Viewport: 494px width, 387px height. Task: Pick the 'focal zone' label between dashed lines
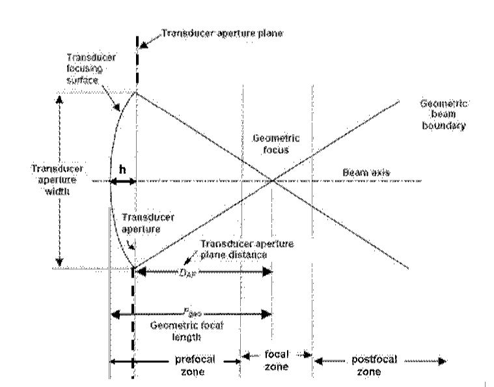pyautogui.click(x=276, y=360)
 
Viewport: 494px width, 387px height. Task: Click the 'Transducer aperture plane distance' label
pyautogui.click(x=248, y=248)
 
